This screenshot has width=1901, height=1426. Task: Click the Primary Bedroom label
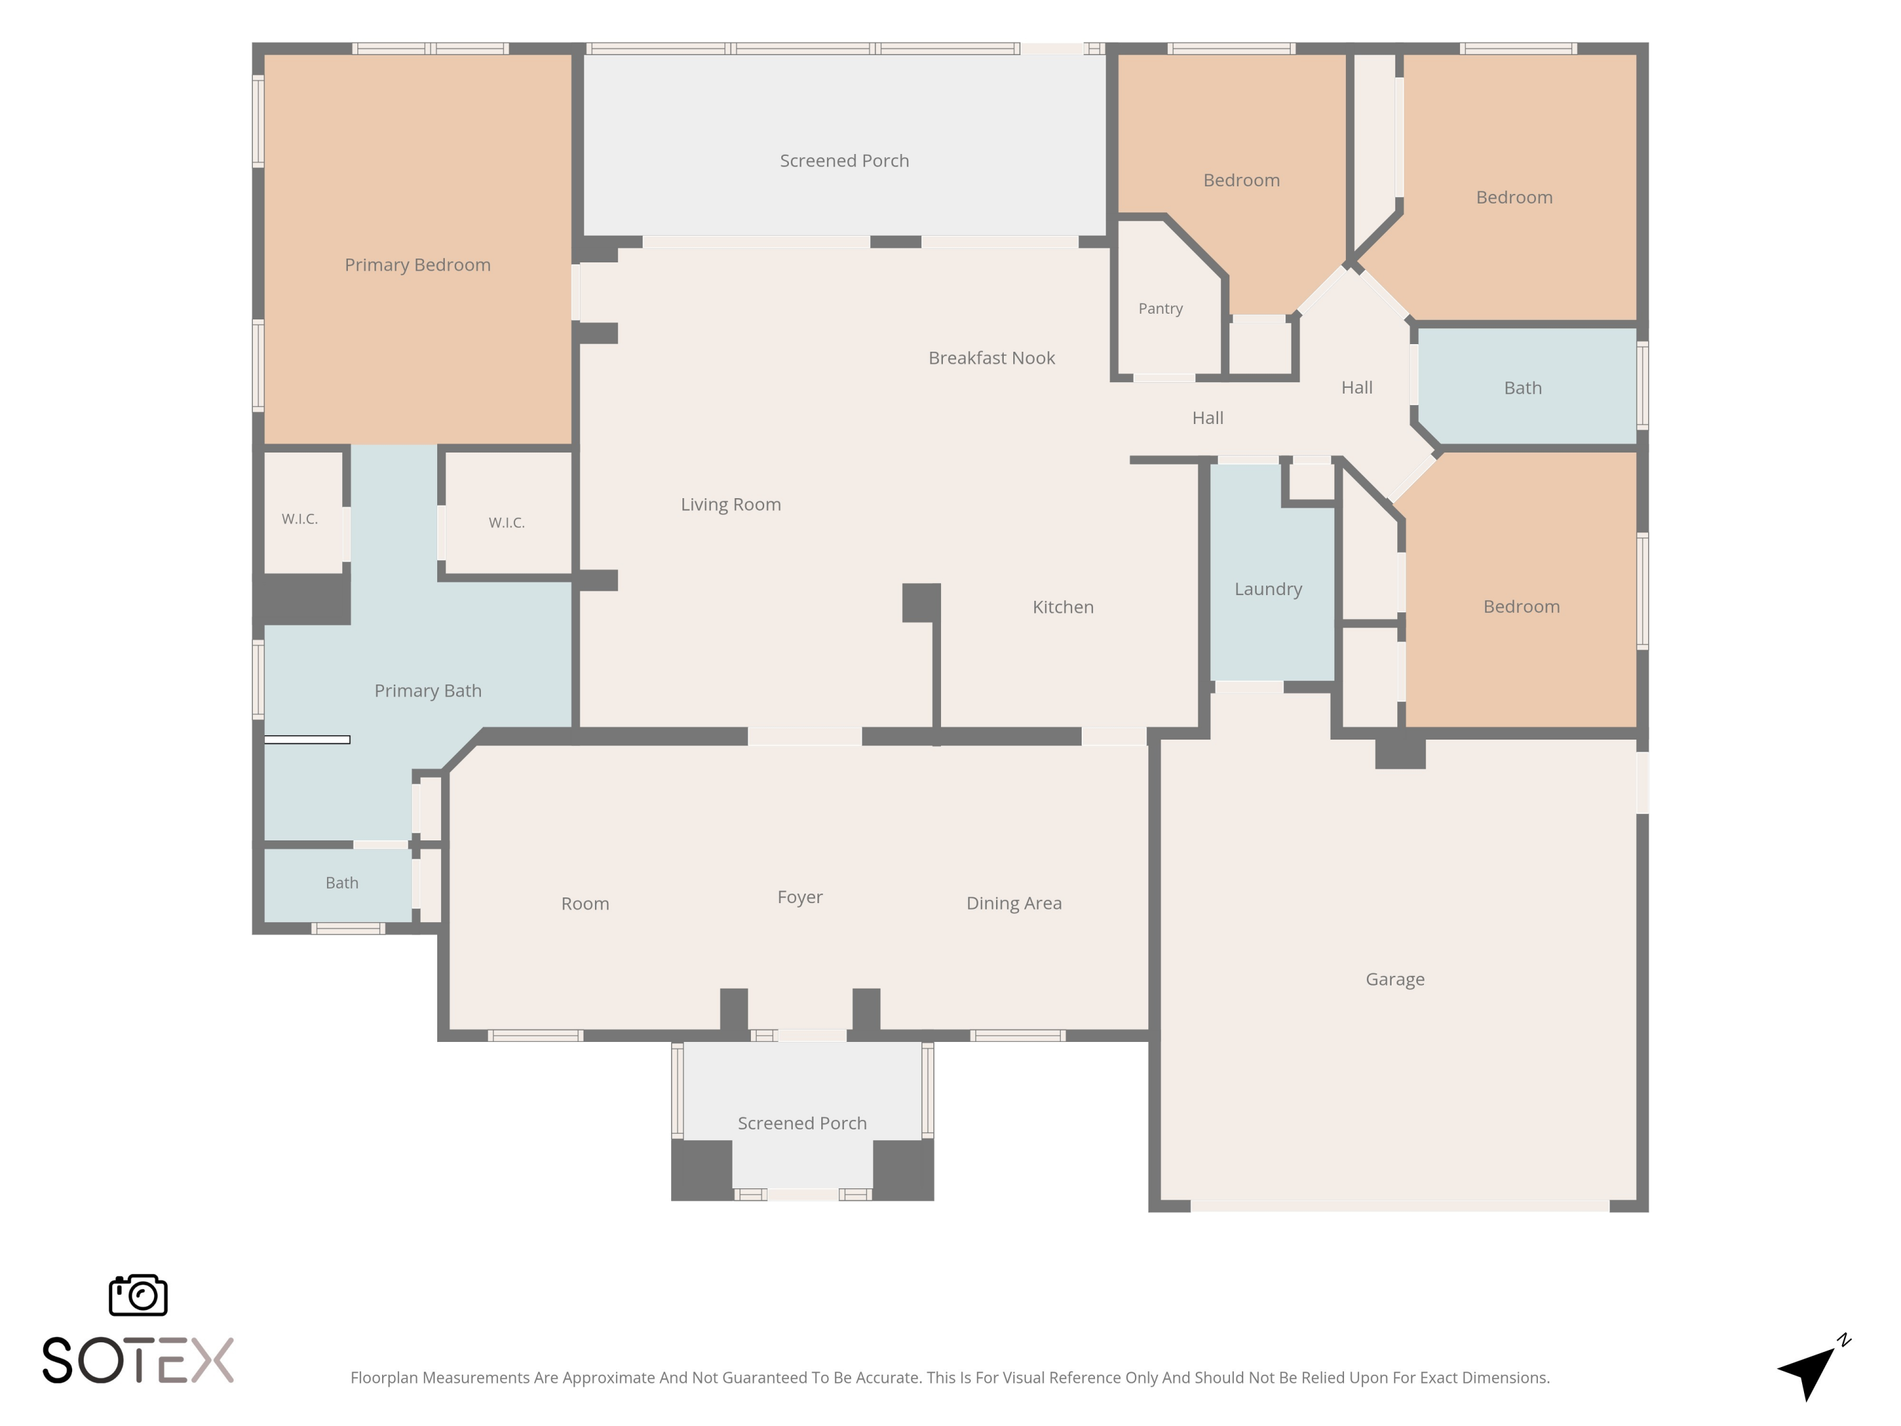click(418, 265)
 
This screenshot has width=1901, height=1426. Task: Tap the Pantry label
click(1160, 309)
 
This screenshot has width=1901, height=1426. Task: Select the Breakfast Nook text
click(992, 357)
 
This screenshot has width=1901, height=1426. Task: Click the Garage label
click(1395, 979)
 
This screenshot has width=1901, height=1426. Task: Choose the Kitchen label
click(1063, 607)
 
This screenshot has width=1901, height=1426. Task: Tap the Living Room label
click(731, 504)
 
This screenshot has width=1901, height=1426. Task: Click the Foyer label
click(800, 897)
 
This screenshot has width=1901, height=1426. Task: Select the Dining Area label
click(1014, 903)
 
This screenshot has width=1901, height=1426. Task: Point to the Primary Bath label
click(428, 691)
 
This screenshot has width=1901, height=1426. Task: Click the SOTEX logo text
click(138, 1360)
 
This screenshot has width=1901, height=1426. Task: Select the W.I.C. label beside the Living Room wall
click(506, 523)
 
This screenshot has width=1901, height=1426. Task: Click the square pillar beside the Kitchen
click(921, 603)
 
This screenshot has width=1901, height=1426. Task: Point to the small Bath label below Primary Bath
click(342, 883)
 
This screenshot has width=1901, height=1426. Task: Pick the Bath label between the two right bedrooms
click(1523, 388)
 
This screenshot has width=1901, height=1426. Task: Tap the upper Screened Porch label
click(844, 161)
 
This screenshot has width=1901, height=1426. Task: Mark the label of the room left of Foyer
click(586, 903)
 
